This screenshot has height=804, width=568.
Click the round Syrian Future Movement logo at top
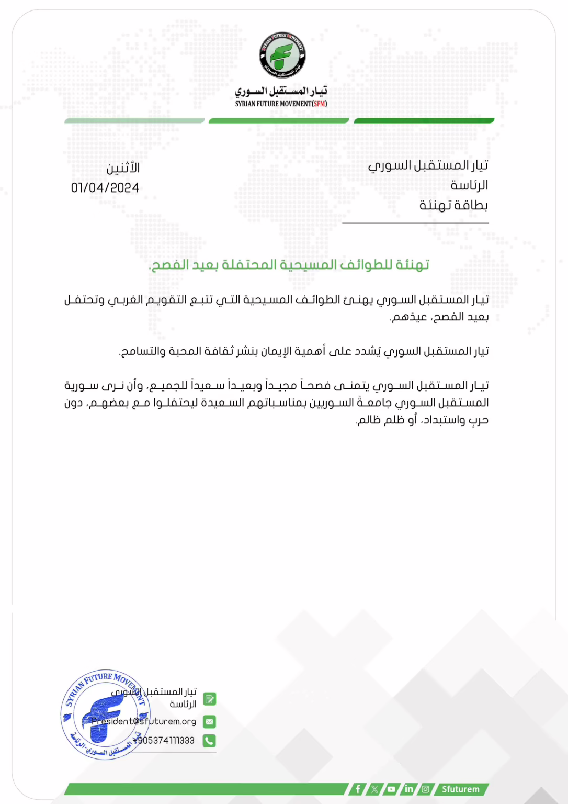tap(282, 55)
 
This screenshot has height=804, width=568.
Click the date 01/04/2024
tap(105, 188)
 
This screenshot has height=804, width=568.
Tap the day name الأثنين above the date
tap(123, 168)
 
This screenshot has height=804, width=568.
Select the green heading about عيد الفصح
tap(289, 265)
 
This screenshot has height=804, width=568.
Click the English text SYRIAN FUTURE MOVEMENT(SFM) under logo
tap(281, 104)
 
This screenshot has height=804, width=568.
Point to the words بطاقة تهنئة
tap(453, 205)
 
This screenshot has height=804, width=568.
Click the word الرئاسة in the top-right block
tap(469, 185)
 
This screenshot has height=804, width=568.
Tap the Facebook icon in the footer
tap(358, 789)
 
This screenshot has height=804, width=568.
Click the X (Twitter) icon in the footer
tap(374, 789)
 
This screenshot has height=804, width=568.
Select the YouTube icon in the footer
tap(391, 789)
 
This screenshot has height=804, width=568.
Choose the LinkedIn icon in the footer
tap(408, 789)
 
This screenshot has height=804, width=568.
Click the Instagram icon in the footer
tap(426, 789)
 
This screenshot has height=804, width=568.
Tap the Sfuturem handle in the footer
tap(460, 789)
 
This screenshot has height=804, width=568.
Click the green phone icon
tap(209, 741)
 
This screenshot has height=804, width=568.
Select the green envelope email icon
tap(209, 721)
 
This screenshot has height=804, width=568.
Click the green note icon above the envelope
tap(209, 699)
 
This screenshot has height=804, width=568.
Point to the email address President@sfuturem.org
tap(144, 721)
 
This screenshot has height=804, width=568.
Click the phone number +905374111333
tap(164, 741)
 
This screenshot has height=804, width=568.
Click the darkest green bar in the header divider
tap(424, 121)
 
